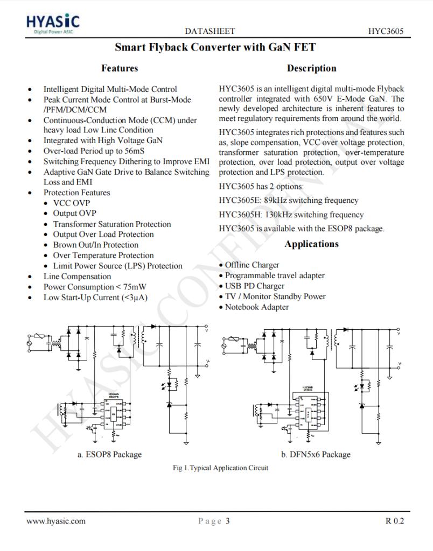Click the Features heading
click(120, 68)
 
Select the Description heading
click(311, 68)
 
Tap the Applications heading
click(311, 244)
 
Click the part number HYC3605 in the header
click(386, 32)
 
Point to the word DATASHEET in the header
click(209, 32)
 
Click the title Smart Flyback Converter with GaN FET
click(215, 47)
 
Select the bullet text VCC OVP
click(71, 203)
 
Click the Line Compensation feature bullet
click(77, 276)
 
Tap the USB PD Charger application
click(255, 286)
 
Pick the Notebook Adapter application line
click(257, 307)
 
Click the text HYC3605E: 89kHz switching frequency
click(288, 200)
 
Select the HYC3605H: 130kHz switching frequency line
click(291, 215)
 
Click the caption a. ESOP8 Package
click(110, 454)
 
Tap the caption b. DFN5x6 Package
click(316, 454)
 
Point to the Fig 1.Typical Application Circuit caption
click(220, 468)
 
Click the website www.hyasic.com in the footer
click(56, 520)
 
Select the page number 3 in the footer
click(228, 520)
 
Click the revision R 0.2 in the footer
click(394, 520)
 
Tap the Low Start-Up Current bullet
click(95, 298)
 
